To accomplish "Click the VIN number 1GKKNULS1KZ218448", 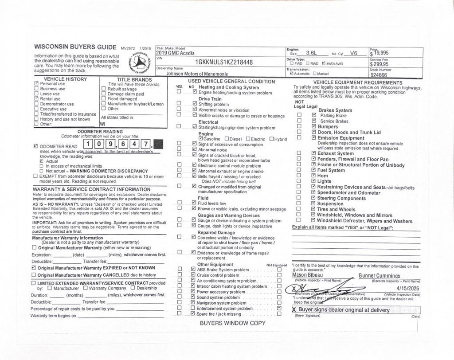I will coord(224,63).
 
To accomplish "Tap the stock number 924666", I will coord(379,75).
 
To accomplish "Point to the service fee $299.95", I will coord(380,64).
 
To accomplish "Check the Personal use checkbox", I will coord(36,83).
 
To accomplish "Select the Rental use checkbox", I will coord(36,99).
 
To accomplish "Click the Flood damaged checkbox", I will coord(104,99).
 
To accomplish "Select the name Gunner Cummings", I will coord(379,276).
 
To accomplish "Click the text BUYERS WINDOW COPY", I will coord(232,323).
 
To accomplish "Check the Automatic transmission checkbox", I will coord(291,74).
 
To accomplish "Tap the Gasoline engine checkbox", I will coord(201,139).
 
